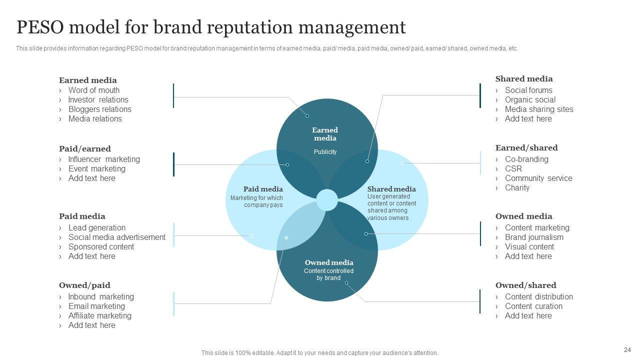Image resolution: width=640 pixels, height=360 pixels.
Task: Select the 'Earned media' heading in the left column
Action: (x=88, y=80)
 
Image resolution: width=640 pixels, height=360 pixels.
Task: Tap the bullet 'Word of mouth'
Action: (x=94, y=90)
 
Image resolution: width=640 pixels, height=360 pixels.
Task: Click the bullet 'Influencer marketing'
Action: (x=104, y=159)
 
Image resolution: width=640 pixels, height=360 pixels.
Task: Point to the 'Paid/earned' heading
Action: (x=85, y=148)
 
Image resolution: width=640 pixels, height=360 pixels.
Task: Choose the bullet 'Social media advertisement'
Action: (x=117, y=237)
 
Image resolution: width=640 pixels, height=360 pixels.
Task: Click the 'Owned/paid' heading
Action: (x=84, y=285)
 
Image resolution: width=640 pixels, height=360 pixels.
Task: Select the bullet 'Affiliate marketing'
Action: (x=100, y=316)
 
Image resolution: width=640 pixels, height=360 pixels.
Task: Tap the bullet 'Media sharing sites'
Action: (x=539, y=109)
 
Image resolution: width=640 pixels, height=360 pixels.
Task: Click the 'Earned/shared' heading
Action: (x=526, y=148)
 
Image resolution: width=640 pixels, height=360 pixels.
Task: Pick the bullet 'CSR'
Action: (x=513, y=169)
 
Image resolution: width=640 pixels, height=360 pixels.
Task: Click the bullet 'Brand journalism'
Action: (x=534, y=237)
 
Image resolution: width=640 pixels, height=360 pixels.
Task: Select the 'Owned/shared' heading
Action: (x=525, y=285)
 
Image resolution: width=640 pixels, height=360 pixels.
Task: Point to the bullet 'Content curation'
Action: (x=533, y=306)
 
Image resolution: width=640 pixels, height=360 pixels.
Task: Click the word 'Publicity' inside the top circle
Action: (x=325, y=152)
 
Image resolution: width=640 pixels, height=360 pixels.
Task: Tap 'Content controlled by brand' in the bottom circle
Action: (x=328, y=274)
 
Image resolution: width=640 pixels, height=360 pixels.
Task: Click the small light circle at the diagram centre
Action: (x=327, y=200)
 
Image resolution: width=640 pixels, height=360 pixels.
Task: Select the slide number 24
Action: (x=627, y=350)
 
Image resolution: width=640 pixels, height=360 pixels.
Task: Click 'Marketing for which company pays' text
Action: (x=256, y=201)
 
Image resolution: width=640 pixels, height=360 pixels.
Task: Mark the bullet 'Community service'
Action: (x=538, y=178)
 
